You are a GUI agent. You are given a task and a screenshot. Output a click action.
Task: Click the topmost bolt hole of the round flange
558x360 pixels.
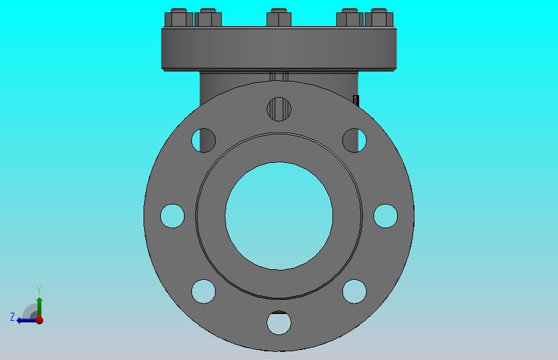click(279, 109)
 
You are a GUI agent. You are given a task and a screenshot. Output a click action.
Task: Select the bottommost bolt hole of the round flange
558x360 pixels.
click(279, 323)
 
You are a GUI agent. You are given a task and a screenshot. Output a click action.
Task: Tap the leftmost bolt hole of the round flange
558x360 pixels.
click(172, 216)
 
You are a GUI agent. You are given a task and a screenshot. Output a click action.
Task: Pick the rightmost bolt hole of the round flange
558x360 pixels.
click(385, 216)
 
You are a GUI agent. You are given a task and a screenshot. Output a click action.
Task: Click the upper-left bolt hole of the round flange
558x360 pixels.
click(204, 141)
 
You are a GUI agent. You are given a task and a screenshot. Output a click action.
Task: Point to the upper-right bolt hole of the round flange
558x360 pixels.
click(354, 141)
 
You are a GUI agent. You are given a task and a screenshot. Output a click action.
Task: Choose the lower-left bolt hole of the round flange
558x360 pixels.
click(204, 291)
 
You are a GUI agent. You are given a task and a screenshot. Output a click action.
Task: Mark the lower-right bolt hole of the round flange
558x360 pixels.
click(354, 291)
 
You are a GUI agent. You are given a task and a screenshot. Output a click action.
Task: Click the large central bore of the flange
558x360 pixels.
click(279, 216)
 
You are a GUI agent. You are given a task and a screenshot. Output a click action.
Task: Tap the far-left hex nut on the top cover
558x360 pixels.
click(178, 18)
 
